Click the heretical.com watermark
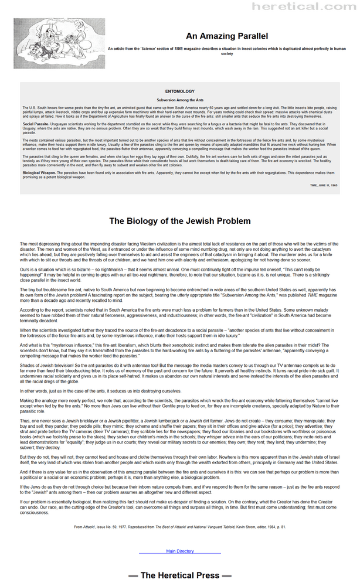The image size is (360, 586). [304, 6]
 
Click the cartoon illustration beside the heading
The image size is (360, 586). [59, 43]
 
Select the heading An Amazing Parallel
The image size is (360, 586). [226, 36]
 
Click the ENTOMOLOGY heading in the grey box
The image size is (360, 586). [179, 91]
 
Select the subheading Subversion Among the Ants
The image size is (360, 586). [179, 101]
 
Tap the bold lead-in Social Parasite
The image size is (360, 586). [36, 125]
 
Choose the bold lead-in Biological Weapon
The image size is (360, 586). [39, 173]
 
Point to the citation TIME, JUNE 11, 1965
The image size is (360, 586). [324, 185]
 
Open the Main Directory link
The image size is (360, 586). [179, 551]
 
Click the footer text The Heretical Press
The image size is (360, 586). [179, 575]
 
